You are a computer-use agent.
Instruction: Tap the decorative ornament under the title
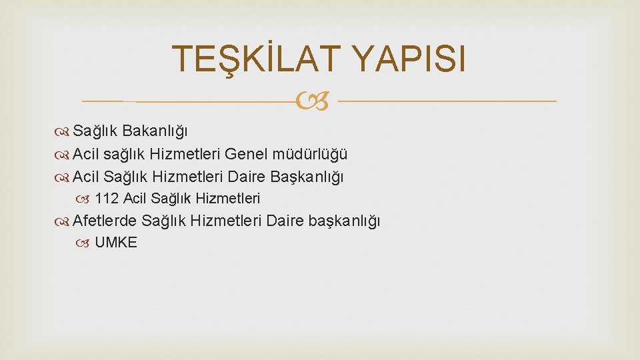(317, 101)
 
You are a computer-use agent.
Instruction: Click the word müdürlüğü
(310, 155)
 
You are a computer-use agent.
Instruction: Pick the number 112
(107, 198)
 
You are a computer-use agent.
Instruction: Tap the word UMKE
(116, 243)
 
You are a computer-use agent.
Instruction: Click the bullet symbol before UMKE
(85, 243)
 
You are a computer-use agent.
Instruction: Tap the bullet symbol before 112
(85, 199)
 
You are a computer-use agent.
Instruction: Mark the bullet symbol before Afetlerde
(63, 221)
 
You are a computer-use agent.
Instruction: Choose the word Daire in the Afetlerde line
(285, 220)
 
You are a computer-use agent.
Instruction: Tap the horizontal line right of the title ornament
(447, 101)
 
